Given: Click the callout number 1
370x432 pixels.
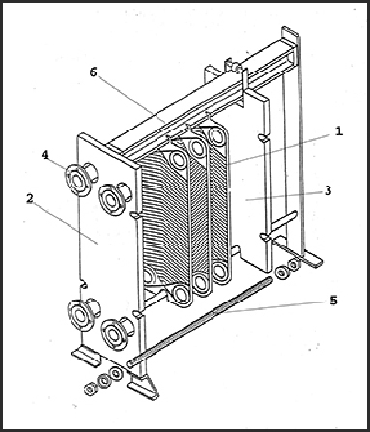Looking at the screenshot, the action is tap(338, 131).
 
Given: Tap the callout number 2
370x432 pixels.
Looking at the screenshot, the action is tap(30, 198).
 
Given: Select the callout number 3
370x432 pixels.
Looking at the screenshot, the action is tap(327, 190).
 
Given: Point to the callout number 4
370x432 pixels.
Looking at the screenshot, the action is tap(45, 156).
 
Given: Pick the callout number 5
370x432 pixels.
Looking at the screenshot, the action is tap(334, 301).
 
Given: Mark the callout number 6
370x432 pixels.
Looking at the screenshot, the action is tap(93, 72).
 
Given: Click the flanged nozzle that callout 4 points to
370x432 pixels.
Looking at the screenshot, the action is tap(79, 179).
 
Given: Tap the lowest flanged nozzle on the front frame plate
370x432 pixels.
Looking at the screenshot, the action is tap(116, 333).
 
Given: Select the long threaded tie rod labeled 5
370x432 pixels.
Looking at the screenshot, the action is tap(200, 322).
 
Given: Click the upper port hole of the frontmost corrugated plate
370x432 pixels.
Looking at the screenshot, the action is tap(178, 158).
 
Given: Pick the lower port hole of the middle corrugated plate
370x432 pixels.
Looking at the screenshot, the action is tap(201, 283).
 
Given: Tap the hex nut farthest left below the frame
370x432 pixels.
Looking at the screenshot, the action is tap(90, 389).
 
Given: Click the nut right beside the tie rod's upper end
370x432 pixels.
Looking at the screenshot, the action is tap(282, 274).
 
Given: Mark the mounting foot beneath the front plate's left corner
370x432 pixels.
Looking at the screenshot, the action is tap(85, 356).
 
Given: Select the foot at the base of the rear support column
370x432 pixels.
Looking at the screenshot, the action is tap(310, 258).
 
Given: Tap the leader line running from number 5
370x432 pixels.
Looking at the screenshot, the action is tap(277, 307).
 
